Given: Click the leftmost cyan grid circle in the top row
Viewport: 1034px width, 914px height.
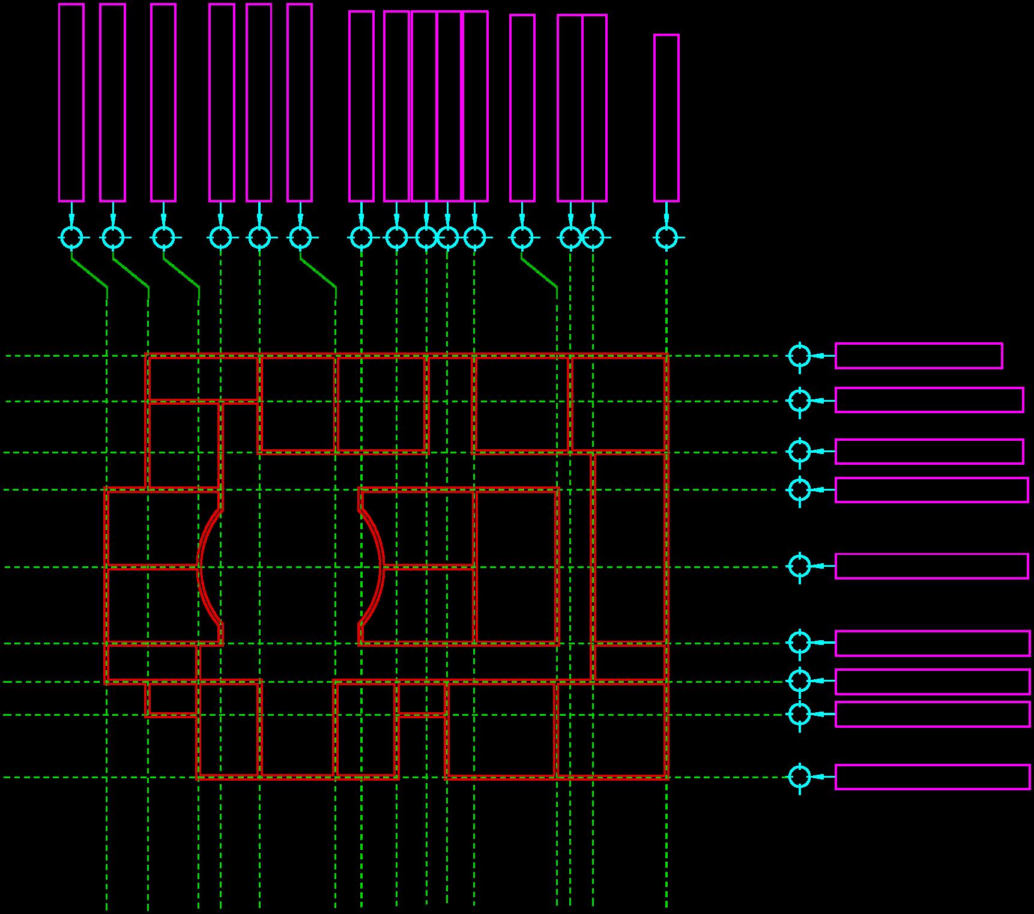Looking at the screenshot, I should coord(71,237).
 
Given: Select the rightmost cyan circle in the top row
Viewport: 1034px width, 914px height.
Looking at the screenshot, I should coord(667,237).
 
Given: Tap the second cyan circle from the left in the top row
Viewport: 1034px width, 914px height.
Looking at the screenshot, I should coord(113,237).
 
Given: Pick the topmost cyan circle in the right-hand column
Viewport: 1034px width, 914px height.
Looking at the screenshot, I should coord(799,356).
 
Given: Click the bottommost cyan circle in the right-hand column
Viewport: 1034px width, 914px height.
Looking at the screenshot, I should coord(799,776).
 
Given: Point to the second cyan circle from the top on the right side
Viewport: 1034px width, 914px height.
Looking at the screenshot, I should coord(799,401).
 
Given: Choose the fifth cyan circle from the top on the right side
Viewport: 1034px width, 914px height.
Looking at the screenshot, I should coord(799,566).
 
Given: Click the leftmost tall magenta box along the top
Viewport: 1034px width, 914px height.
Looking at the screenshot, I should coord(71,102).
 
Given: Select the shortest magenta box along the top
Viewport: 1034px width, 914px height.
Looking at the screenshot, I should coord(667,118).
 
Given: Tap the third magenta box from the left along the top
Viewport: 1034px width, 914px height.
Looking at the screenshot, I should coord(163,102).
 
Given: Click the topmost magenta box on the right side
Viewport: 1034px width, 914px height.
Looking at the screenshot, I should coord(919,356).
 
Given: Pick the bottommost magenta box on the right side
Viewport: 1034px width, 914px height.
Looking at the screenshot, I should coord(933,776).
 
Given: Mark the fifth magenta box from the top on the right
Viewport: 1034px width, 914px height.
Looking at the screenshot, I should coord(931,566).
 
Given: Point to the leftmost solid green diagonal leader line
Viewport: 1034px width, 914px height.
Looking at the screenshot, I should coord(89,274).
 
